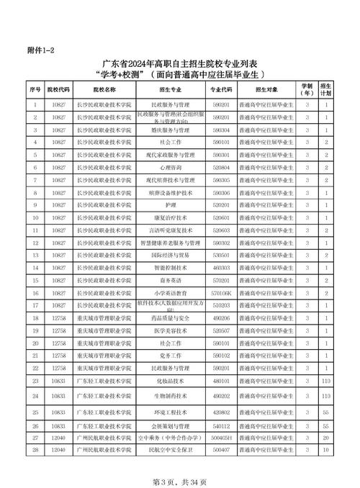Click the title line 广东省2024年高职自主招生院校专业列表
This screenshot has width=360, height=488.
[x=179, y=63]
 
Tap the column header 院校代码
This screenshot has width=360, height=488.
[x=60, y=91]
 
